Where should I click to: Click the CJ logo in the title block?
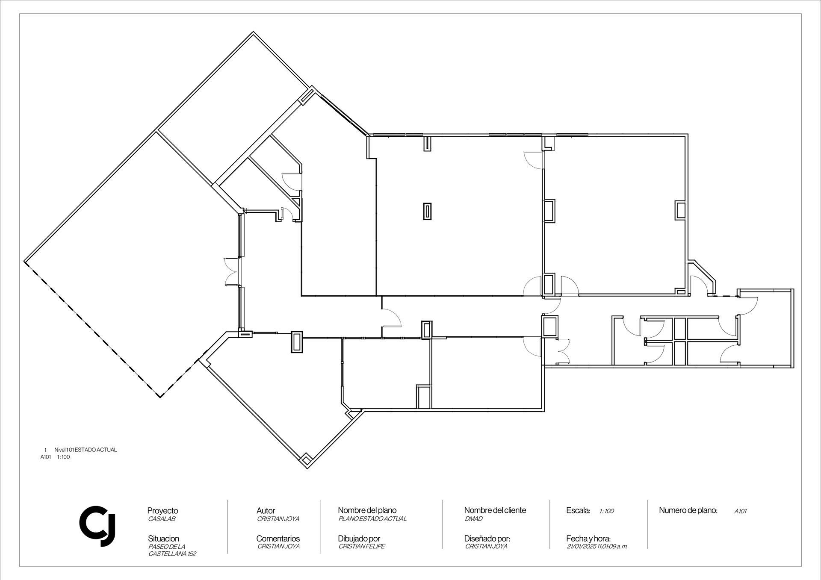(x=97, y=526)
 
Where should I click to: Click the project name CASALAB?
(x=162, y=519)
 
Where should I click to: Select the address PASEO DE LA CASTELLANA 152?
(x=172, y=550)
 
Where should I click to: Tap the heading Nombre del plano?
(x=367, y=510)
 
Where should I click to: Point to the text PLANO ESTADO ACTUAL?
(x=372, y=519)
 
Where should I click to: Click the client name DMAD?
(x=473, y=519)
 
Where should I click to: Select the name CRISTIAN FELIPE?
(x=362, y=546)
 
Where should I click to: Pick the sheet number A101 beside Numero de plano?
(x=741, y=511)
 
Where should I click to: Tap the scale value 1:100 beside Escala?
(x=607, y=511)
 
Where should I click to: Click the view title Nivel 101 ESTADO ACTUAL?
(x=86, y=450)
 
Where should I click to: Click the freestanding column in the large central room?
(x=427, y=211)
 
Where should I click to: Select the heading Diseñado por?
(x=487, y=539)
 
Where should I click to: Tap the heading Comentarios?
(x=278, y=539)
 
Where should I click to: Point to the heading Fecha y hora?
(x=588, y=539)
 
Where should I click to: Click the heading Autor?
(x=266, y=511)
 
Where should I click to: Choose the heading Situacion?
(x=163, y=539)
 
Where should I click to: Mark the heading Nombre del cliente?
(x=495, y=510)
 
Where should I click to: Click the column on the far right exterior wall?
(x=680, y=211)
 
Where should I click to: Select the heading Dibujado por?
(x=359, y=539)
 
